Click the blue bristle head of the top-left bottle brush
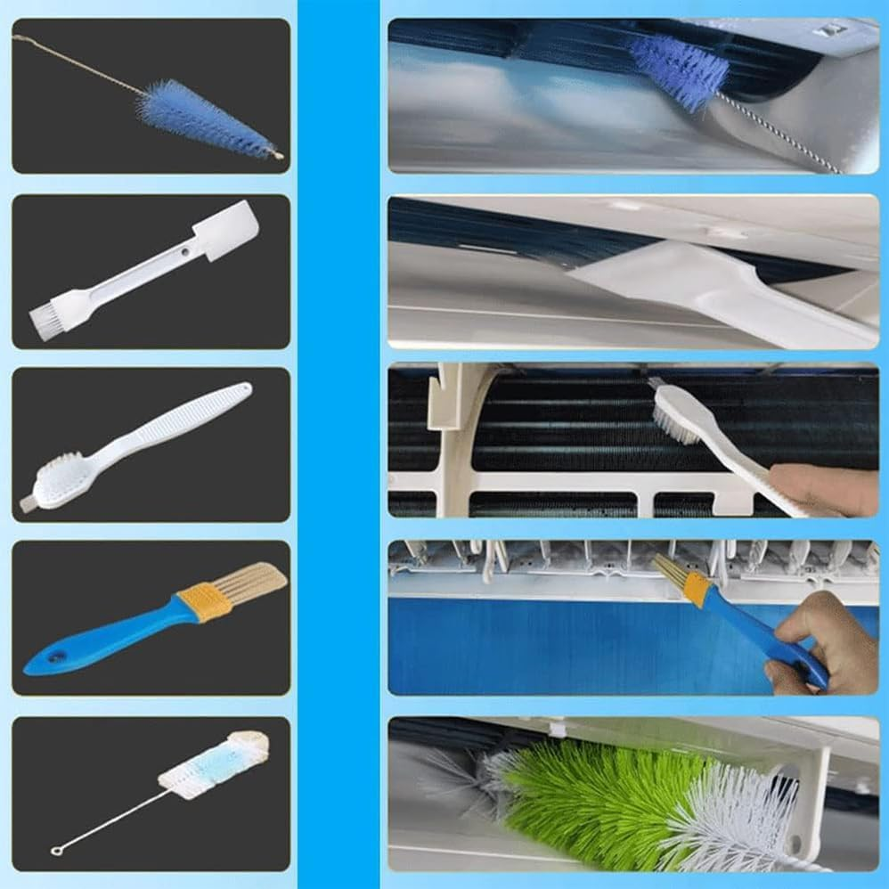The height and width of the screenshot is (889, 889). (205, 120)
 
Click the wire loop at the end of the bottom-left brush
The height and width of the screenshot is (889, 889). (56, 851)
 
